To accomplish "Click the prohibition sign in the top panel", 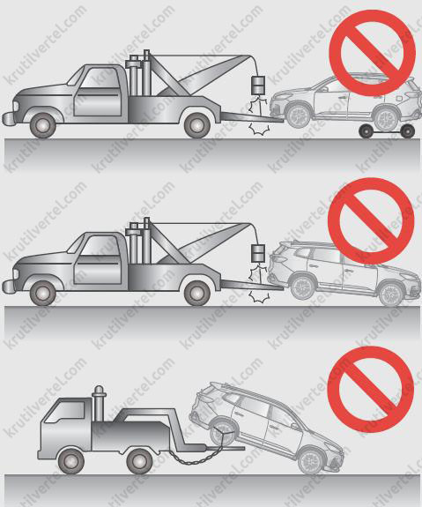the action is (372, 54).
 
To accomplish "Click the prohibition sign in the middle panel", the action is (371, 220).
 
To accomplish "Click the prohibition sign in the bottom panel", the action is (370, 390).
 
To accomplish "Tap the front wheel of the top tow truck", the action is (42, 125).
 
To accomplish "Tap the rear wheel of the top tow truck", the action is (196, 125).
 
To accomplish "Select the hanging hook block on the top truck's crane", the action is (257, 85).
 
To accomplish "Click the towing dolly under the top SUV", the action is (387, 131).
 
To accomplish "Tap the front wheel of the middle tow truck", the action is (42, 294).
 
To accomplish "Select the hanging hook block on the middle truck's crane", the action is (258, 254).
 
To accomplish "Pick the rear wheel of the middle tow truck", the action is (196, 293).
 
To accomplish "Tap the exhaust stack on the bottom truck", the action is (98, 403).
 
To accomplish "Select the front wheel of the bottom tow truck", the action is (71, 461).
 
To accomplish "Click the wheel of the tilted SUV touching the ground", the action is (312, 459).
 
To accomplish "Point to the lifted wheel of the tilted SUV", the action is (223, 434).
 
